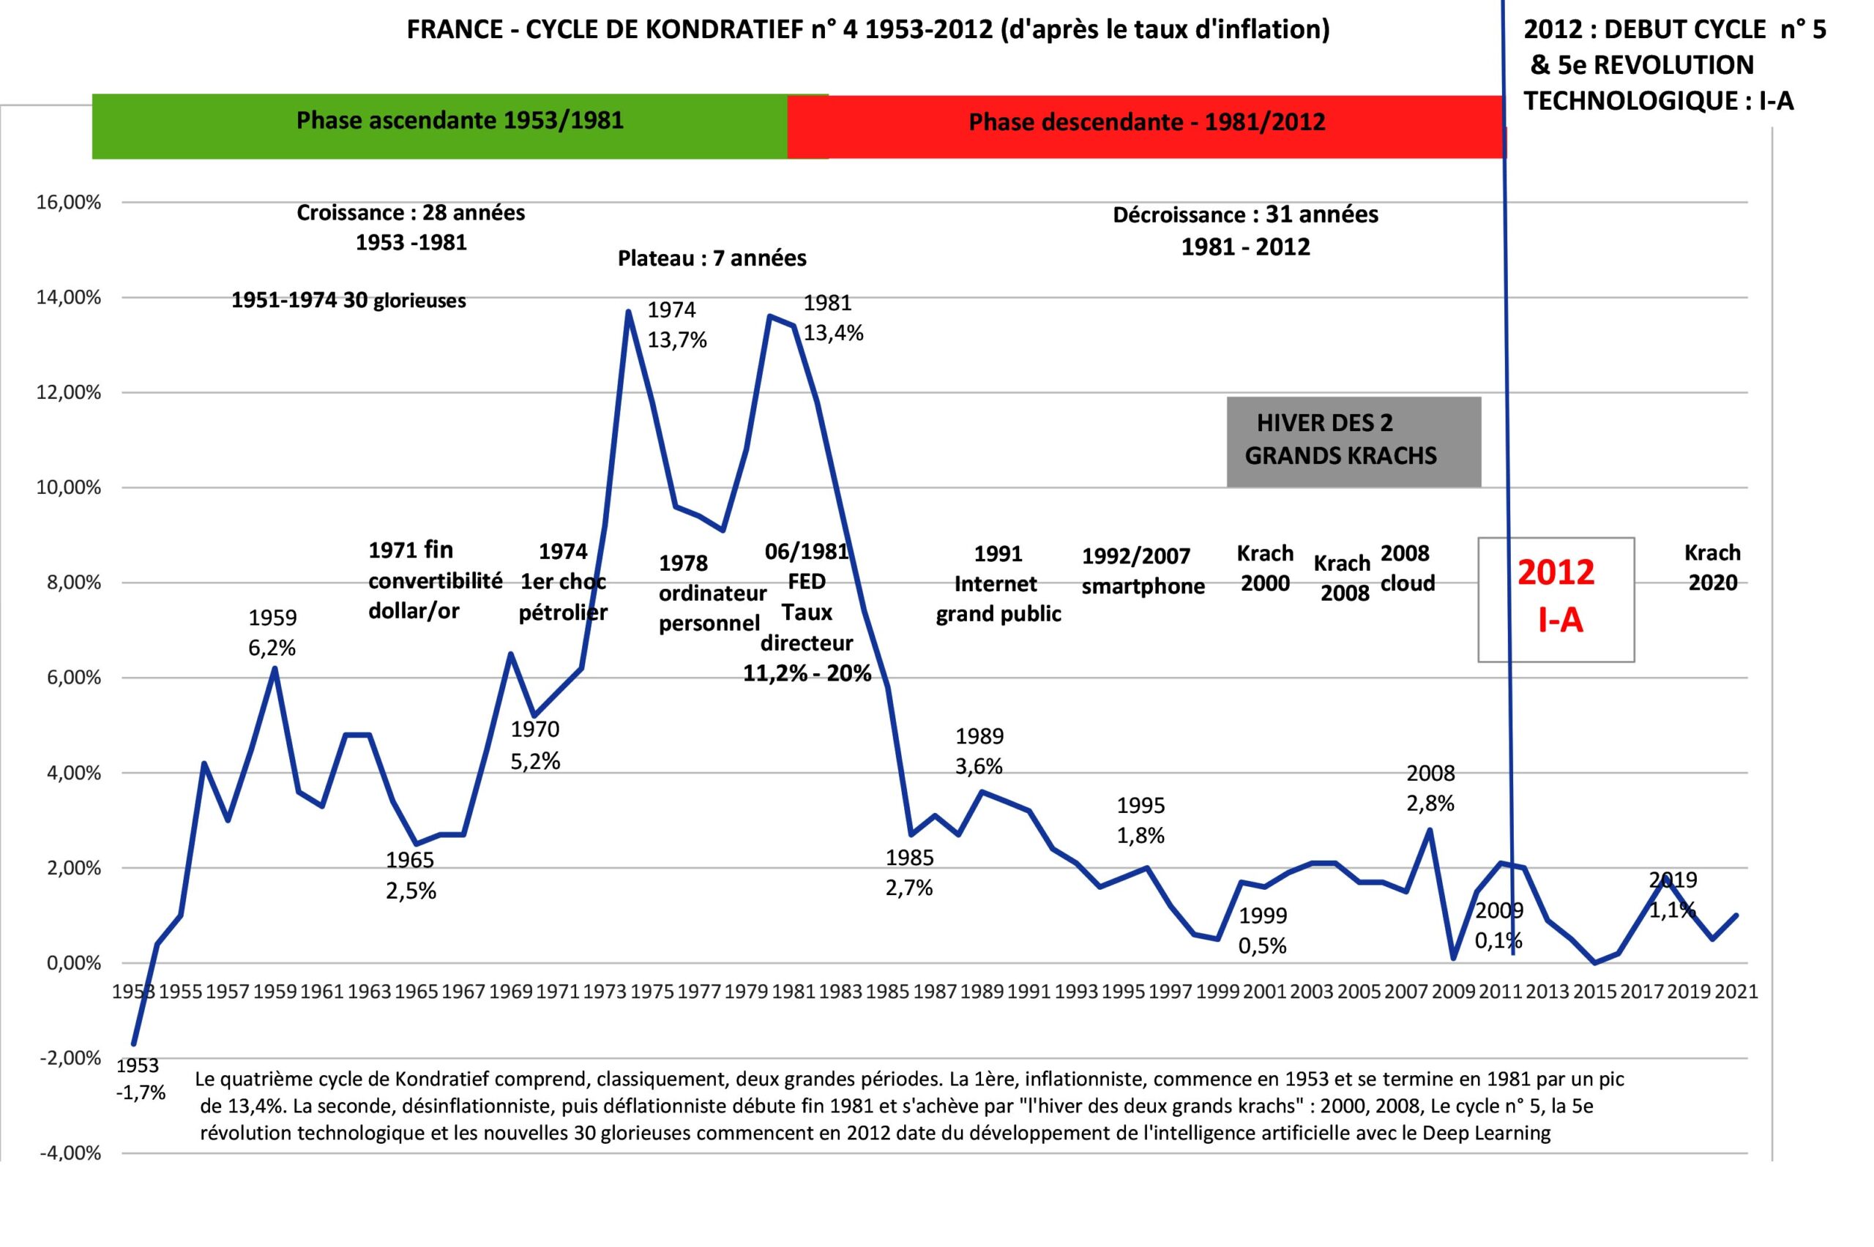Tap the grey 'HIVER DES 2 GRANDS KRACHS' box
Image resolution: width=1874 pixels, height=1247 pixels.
[x=1352, y=441]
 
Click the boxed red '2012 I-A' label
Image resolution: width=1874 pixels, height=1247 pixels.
[x=1555, y=597]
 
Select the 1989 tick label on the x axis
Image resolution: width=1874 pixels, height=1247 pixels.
[x=982, y=992]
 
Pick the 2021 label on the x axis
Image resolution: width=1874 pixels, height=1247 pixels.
[x=1736, y=992]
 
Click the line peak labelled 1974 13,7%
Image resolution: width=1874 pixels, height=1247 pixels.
[x=628, y=312]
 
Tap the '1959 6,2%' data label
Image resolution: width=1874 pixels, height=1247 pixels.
[x=272, y=633]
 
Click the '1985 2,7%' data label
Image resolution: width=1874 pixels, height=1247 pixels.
[x=909, y=872]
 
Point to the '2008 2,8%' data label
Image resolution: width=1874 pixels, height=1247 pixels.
[x=1430, y=788]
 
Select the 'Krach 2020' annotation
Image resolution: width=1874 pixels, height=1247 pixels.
[x=1712, y=568]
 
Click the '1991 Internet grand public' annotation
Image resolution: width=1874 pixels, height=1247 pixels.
[x=998, y=584]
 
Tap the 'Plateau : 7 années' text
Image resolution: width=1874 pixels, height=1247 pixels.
[x=712, y=258]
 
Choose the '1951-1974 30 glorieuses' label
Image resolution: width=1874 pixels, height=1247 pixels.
[x=348, y=301]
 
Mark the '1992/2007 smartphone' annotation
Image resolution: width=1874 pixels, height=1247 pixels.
[x=1142, y=571]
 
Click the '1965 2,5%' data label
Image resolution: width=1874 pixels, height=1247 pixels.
[x=411, y=875]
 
